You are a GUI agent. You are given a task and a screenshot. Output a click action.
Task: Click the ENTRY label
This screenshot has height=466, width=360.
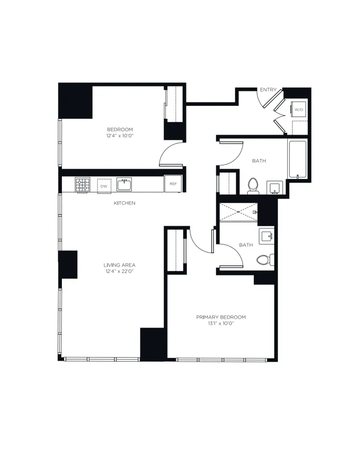click(268, 89)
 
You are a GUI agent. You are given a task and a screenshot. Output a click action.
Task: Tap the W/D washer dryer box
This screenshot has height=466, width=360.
click(298, 110)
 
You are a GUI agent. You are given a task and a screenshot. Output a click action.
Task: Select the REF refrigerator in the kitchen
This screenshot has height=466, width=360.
click(173, 184)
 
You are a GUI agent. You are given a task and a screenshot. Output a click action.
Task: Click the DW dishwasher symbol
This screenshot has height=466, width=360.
click(104, 186)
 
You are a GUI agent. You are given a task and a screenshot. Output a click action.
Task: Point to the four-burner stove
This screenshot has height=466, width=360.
click(82, 185)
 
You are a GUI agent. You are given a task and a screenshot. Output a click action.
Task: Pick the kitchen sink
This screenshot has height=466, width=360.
click(124, 185)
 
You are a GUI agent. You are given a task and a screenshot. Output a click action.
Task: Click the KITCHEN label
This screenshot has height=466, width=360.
click(124, 203)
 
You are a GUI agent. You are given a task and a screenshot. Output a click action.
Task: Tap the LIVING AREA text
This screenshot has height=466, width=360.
click(120, 265)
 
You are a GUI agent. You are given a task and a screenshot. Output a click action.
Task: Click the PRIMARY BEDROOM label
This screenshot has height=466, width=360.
click(221, 317)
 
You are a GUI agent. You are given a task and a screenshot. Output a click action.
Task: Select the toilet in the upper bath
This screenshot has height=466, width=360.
click(253, 185)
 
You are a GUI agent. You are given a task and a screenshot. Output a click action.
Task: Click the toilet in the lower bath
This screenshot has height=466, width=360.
click(265, 260)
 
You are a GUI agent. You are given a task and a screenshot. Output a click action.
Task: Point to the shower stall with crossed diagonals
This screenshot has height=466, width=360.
click(238, 212)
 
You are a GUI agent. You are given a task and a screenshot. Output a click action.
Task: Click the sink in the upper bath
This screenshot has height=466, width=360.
click(275, 187)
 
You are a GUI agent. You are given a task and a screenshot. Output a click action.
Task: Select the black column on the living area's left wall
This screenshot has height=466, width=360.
click(68, 264)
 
